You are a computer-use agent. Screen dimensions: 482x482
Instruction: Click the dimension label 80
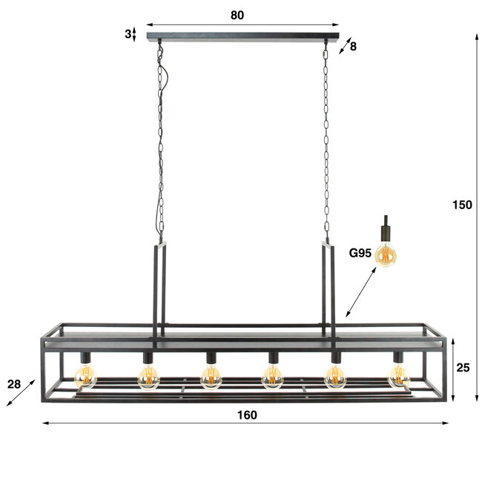237,15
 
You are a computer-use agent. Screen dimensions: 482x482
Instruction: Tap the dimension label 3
128,33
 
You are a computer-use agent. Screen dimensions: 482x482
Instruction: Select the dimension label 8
353,46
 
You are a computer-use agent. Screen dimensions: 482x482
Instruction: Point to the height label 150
463,205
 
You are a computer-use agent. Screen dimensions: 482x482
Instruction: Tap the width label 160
248,415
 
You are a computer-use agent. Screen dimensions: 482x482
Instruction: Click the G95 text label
360,253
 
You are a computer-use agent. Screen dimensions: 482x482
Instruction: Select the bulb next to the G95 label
386,255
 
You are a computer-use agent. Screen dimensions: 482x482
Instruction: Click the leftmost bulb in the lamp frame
85,378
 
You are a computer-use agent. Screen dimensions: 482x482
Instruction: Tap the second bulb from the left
148,378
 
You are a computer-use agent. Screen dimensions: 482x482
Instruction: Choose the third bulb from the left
211,378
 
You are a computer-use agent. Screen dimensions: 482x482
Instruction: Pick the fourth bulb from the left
273,378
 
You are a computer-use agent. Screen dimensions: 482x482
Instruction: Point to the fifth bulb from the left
335,378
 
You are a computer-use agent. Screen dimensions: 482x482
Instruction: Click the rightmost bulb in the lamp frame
399,378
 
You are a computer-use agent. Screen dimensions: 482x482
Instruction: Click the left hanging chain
160,141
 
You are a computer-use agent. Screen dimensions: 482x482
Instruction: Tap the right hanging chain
325,141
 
